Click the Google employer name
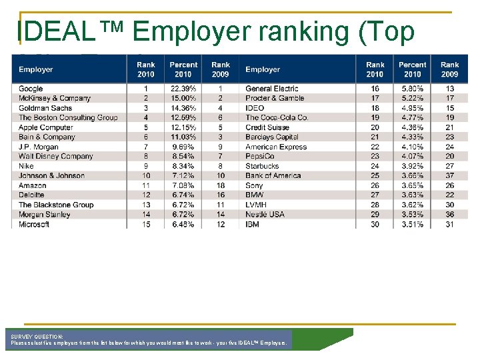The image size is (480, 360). (31, 89)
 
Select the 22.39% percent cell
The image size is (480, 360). (183, 89)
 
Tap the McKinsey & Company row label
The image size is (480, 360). (55, 98)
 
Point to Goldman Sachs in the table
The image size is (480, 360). (45, 108)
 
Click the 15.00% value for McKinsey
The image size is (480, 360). (183, 98)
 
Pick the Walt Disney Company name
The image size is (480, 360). (56, 157)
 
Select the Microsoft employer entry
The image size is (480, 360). (34, 225)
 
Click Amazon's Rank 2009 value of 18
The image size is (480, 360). (221, 185)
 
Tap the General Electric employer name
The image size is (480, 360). (271, 89)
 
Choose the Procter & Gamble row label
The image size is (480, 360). (275, 98)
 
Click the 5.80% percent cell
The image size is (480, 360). (413, 89)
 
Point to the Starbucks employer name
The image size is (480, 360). (262, 166)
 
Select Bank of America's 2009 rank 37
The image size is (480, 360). (450, 176)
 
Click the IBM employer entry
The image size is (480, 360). (253, 225)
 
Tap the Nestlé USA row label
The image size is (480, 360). (265, 215)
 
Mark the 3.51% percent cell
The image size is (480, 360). (413, 225)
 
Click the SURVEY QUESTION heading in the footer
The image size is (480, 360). (37, 337)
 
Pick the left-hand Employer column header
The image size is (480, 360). (36, 69)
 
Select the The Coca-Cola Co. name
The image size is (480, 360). (276, 118)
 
